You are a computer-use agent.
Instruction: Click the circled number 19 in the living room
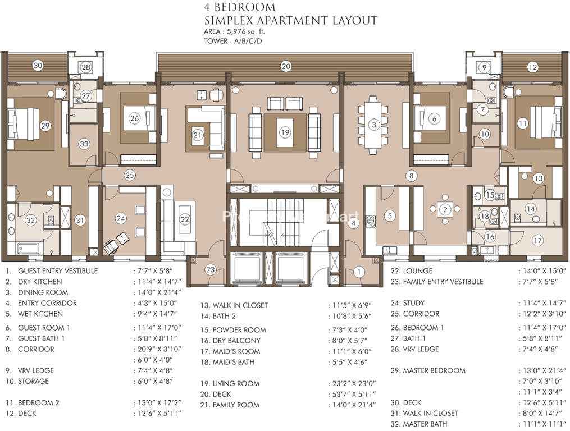285,132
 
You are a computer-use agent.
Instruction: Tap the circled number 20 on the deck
286,66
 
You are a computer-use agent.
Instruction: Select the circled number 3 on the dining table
373,125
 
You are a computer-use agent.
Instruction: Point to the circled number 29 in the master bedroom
45,126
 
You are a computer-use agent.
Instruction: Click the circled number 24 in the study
121,218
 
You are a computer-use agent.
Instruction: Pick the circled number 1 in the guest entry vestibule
359,272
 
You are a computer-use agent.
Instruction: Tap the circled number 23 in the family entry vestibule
211,269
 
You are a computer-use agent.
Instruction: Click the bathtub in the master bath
28,249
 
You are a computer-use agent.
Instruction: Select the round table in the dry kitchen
445,209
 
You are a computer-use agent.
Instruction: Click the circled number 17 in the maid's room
537,240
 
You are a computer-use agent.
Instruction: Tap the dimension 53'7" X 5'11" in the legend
354,394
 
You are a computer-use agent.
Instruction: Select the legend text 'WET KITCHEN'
40,314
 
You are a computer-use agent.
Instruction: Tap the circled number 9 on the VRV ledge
484,67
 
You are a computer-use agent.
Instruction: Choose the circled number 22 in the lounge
185,219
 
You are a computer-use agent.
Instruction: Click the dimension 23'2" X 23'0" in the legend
354,383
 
